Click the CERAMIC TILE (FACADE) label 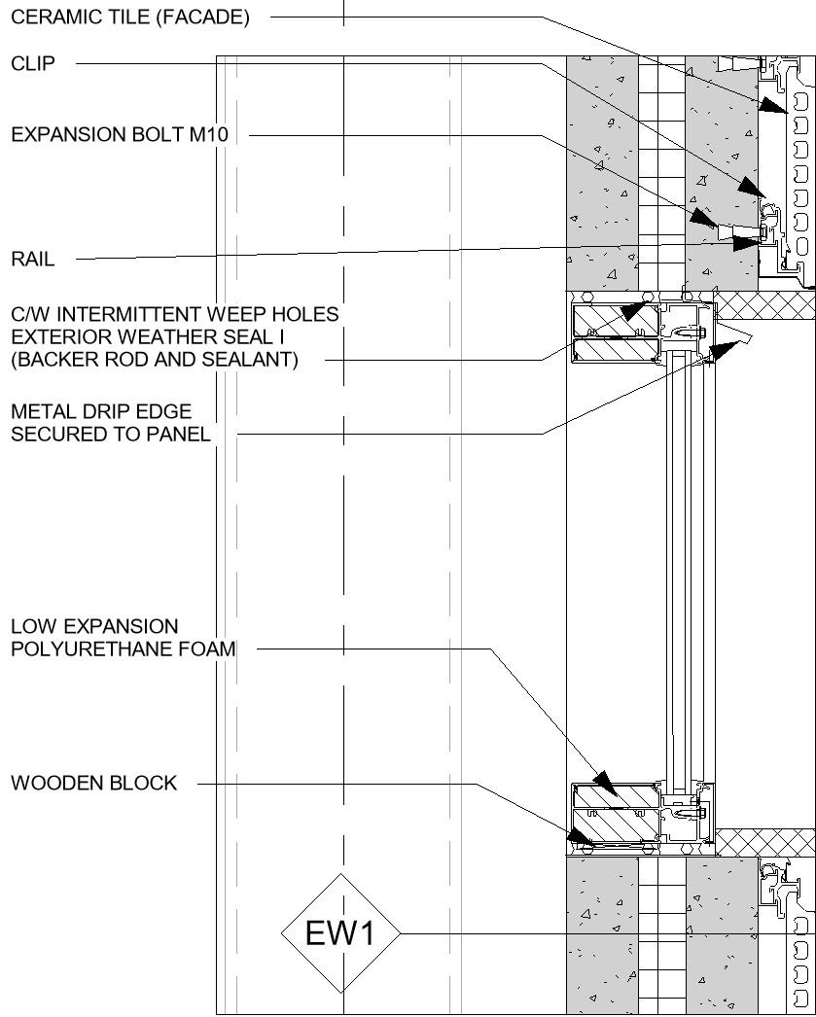pos(130,18)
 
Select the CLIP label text pos(33,64)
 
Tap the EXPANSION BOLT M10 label pos(120,135)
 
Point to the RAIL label pos(33,260)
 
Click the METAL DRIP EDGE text pos(101,413)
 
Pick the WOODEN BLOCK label pos(94,783)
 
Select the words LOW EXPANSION pos(94,627)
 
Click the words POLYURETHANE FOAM pos(124,649)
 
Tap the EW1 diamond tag pos(340,933)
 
